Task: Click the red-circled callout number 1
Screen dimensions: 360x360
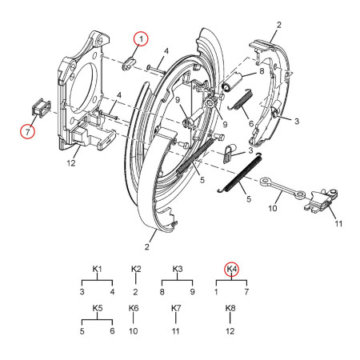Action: pos(140,38)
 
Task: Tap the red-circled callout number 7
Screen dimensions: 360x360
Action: pos(28,130)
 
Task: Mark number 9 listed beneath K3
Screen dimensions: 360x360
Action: pos(192,293)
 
